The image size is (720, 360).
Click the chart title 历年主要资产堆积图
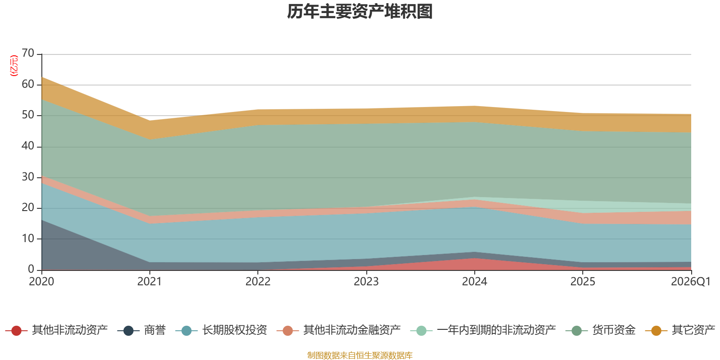360,12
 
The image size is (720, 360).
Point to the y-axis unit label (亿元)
14,66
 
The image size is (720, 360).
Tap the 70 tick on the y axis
28,54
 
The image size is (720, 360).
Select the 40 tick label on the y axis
28,146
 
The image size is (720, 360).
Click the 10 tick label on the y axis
28,238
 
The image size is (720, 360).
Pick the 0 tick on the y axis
31,269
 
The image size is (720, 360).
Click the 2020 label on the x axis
41,282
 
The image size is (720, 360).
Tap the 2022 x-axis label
258,282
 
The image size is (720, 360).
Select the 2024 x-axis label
475,282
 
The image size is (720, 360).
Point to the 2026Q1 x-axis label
691,282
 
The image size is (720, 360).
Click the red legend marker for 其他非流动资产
16,331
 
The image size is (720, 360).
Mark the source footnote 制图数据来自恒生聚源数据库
360,355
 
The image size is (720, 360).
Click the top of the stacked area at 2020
42,77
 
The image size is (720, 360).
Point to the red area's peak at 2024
475,258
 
